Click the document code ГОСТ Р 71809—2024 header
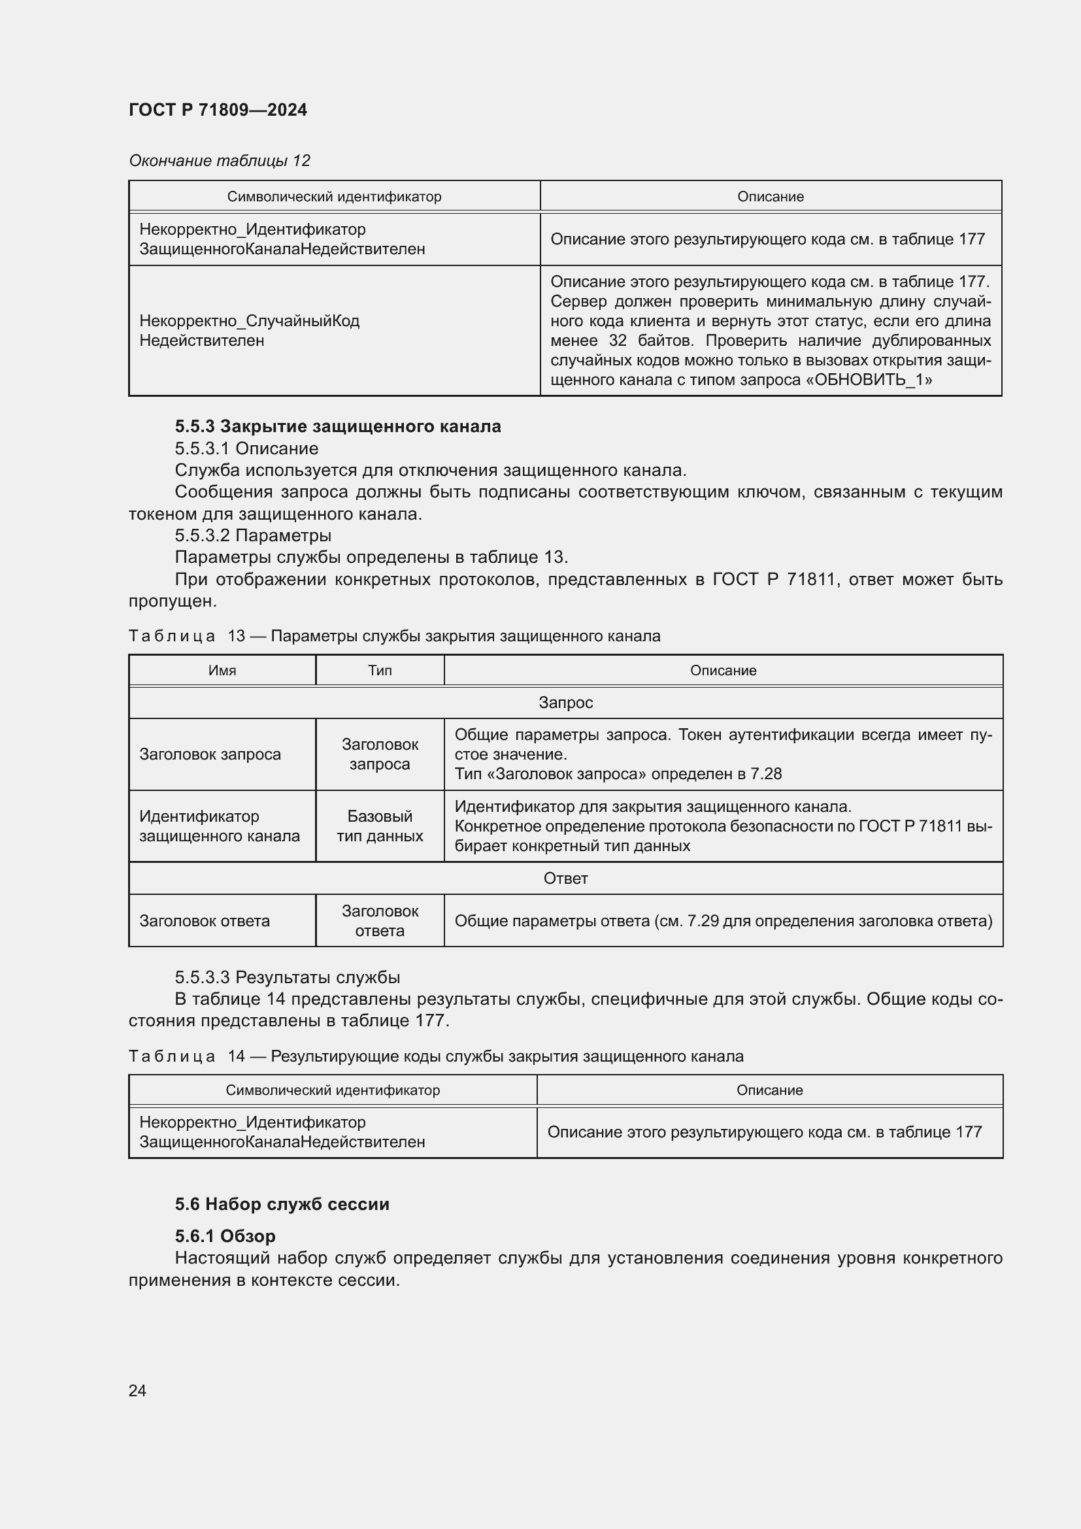[218, 110]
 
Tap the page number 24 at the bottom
[137, 1390]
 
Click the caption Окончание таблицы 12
[219, 161]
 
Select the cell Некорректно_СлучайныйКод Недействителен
[249, 330]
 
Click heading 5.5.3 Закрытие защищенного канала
[337, 426]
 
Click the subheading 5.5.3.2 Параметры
[253, 535]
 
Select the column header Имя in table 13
[222, 671]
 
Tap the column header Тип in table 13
[380, 671]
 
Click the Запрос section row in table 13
[565, 703]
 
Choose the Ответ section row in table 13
[565, 879]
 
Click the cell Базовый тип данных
[380, 826]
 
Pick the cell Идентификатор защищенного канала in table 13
[219, 826]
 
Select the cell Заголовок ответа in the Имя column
[205, 921]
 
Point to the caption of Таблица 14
[436, 1056]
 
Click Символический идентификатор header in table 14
[332, 1090]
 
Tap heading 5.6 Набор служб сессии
[282, 1204]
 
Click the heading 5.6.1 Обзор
[225, 1236]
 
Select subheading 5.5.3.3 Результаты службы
[288, 977]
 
